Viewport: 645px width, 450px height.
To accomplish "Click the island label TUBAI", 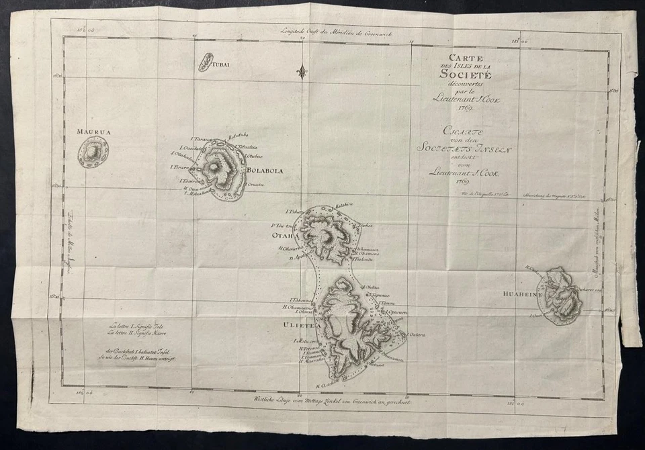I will click(222, 65).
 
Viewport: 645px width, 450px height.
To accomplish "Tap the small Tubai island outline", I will click(206, 62).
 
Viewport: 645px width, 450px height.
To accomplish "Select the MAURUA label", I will click(93, 132).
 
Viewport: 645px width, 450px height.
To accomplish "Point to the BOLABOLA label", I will click(265, 171).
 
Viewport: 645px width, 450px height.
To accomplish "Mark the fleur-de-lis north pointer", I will click(303, 71).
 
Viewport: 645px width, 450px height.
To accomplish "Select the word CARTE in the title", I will click(457, 58).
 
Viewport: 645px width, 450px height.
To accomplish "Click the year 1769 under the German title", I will click(463, 181).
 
